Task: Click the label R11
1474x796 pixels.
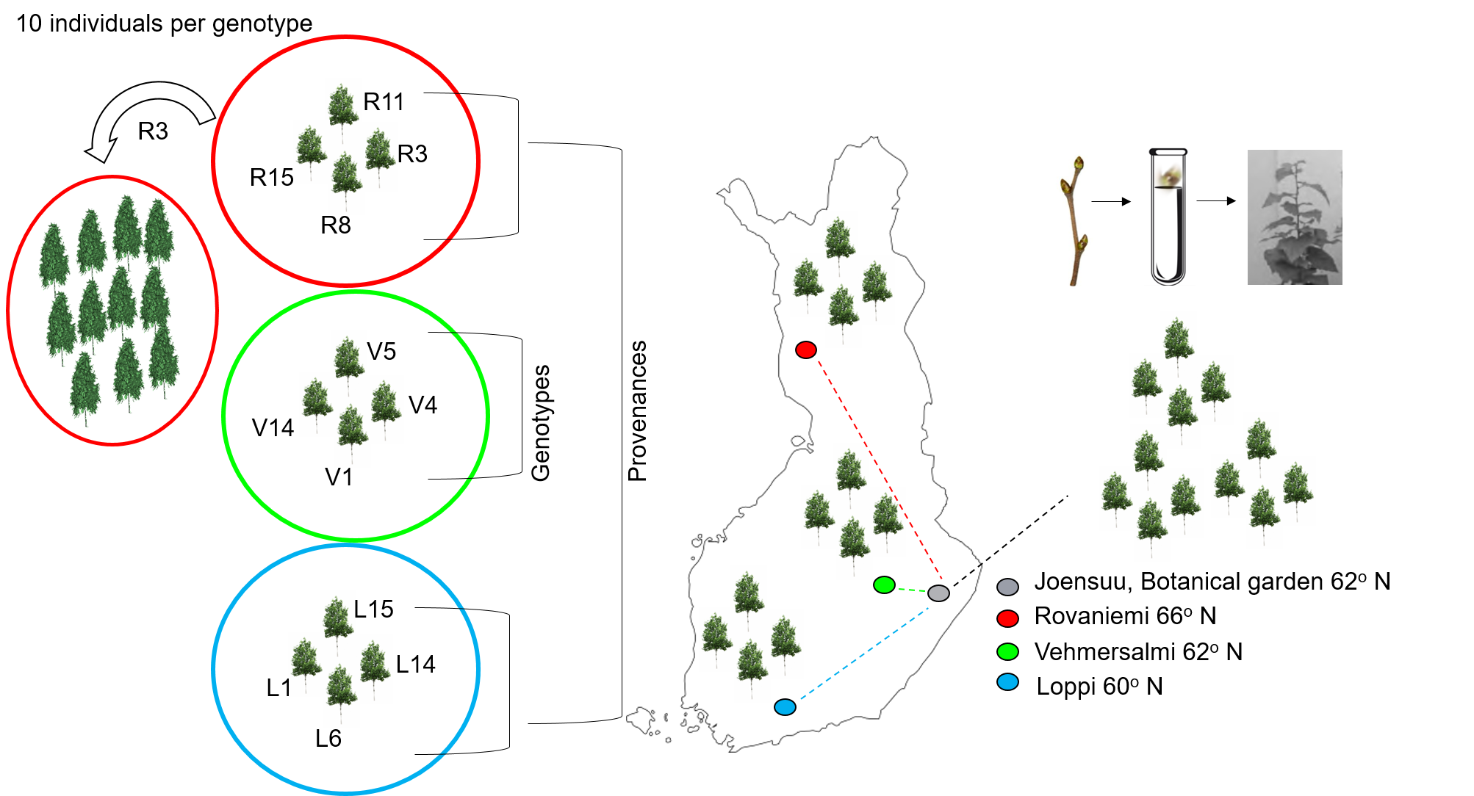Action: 384,102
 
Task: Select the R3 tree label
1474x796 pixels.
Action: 412,154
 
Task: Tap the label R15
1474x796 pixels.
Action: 271,178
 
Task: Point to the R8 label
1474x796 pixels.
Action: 336,225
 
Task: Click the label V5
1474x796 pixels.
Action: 381,352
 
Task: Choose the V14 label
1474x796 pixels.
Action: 273,428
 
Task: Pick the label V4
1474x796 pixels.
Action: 423,405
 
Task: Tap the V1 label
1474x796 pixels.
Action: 339,478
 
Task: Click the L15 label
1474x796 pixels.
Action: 373,609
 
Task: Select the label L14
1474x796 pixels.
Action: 415,665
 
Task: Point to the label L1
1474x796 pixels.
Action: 278,688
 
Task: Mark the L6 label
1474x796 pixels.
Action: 328,739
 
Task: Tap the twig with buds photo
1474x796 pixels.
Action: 1076,220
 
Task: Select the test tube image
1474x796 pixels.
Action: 1169,215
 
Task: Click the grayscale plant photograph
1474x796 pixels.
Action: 1295,217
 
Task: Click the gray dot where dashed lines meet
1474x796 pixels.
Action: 938,593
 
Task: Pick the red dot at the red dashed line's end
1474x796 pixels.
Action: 806,350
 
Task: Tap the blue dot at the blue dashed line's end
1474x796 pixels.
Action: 785,707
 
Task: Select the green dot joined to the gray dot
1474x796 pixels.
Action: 884,585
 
